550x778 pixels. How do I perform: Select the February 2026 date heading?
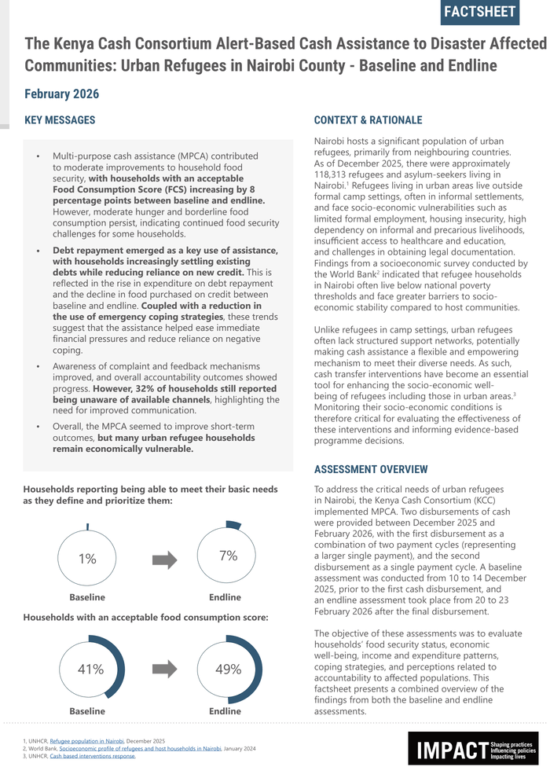pyautogui.click(x=61, y=94)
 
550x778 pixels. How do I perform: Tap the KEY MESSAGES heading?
pyautogui.click(x=60, y=120)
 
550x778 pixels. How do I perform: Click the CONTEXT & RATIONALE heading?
pyautogui.click(x=368, y=120)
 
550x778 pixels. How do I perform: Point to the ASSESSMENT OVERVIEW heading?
pyautogui.click(x=371, y=469)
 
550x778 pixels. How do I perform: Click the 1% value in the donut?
pyautogui.click(x=87, y=559)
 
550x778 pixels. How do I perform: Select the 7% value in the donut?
pyautogui.click(x=228, y=556)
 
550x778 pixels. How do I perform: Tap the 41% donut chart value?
pyautogui.click(x=90, y=670)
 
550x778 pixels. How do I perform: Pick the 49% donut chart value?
pyautogui.click(x=228, y=670)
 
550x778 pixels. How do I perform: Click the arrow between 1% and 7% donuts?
pyautogui.click(x=164, y=560)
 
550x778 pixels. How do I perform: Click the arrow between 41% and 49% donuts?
pyautogui.click(x=164, y=670)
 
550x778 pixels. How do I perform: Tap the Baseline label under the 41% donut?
pyautogui.click(x=86, y=711)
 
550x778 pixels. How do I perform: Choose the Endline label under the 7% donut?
pyautogui.click(x=225, y=597)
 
